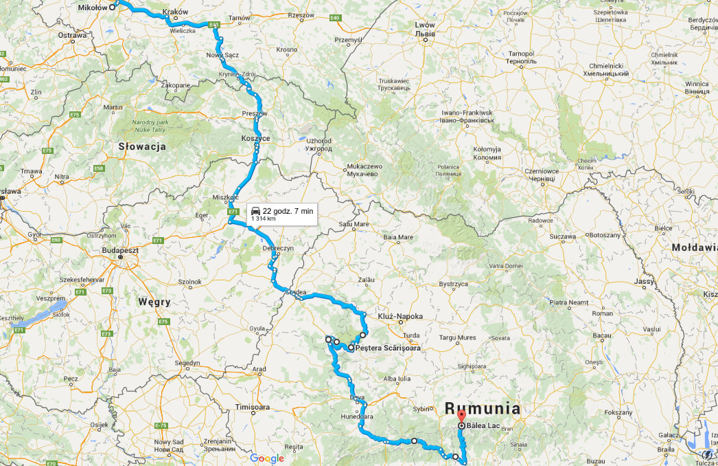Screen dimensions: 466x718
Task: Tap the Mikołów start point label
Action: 92,6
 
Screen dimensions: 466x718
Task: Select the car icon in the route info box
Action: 255,210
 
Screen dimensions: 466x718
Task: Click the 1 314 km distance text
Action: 264,219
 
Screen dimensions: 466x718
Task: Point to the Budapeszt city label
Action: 121,251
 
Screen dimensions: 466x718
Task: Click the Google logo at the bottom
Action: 267,458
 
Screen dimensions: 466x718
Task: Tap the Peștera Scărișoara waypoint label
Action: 388,348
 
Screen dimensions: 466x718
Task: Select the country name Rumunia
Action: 483,408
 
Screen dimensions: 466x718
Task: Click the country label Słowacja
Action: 142,146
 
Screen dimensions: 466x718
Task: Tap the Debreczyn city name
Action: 278,248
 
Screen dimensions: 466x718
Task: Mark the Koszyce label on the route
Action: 255,138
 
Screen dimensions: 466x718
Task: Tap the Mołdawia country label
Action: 695,247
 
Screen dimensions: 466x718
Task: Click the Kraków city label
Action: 175,12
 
